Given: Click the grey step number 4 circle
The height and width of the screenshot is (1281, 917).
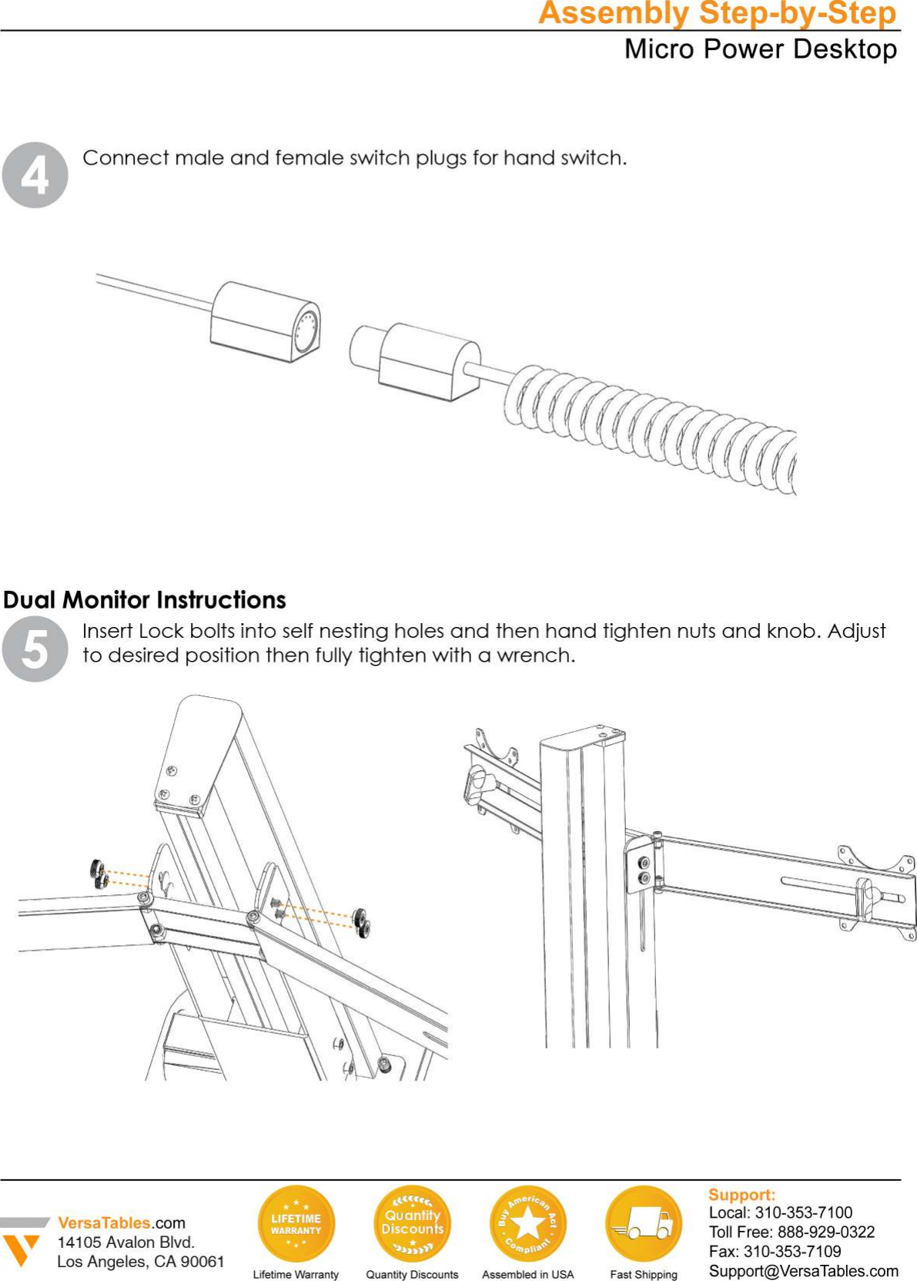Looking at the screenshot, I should (35, 175).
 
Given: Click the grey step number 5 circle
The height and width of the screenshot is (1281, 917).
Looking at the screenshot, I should (35, 649).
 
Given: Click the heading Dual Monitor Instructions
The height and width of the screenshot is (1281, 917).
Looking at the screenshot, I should (145, 599).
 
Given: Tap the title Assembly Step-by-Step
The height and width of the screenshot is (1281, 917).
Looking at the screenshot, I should (717, 14).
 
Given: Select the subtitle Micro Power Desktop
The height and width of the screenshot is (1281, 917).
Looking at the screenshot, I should (760, 49).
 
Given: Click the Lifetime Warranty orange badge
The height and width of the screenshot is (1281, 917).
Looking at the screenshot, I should (296, 1223).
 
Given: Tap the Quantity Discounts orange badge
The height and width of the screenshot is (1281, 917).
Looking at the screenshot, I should (412, 1223).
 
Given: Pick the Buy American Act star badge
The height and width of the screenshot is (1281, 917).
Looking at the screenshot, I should (527, 1223).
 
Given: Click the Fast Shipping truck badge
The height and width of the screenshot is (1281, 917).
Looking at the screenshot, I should (644, 1223).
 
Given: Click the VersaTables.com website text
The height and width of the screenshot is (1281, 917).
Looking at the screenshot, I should (122, 1222).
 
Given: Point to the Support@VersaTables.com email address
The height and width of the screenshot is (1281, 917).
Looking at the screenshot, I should (803, 1271).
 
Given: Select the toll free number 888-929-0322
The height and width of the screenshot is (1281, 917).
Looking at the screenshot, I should (825, 1232).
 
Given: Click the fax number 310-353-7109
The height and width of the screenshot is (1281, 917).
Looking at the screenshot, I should (791, 1252).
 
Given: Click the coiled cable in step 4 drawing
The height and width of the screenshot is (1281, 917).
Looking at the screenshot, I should (654, 428).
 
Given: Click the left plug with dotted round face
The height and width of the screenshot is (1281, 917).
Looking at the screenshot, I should (266, 322).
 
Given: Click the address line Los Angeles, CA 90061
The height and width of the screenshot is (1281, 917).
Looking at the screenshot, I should (141, 1262).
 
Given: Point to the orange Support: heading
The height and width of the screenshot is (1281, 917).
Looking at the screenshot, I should (741, 1195).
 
